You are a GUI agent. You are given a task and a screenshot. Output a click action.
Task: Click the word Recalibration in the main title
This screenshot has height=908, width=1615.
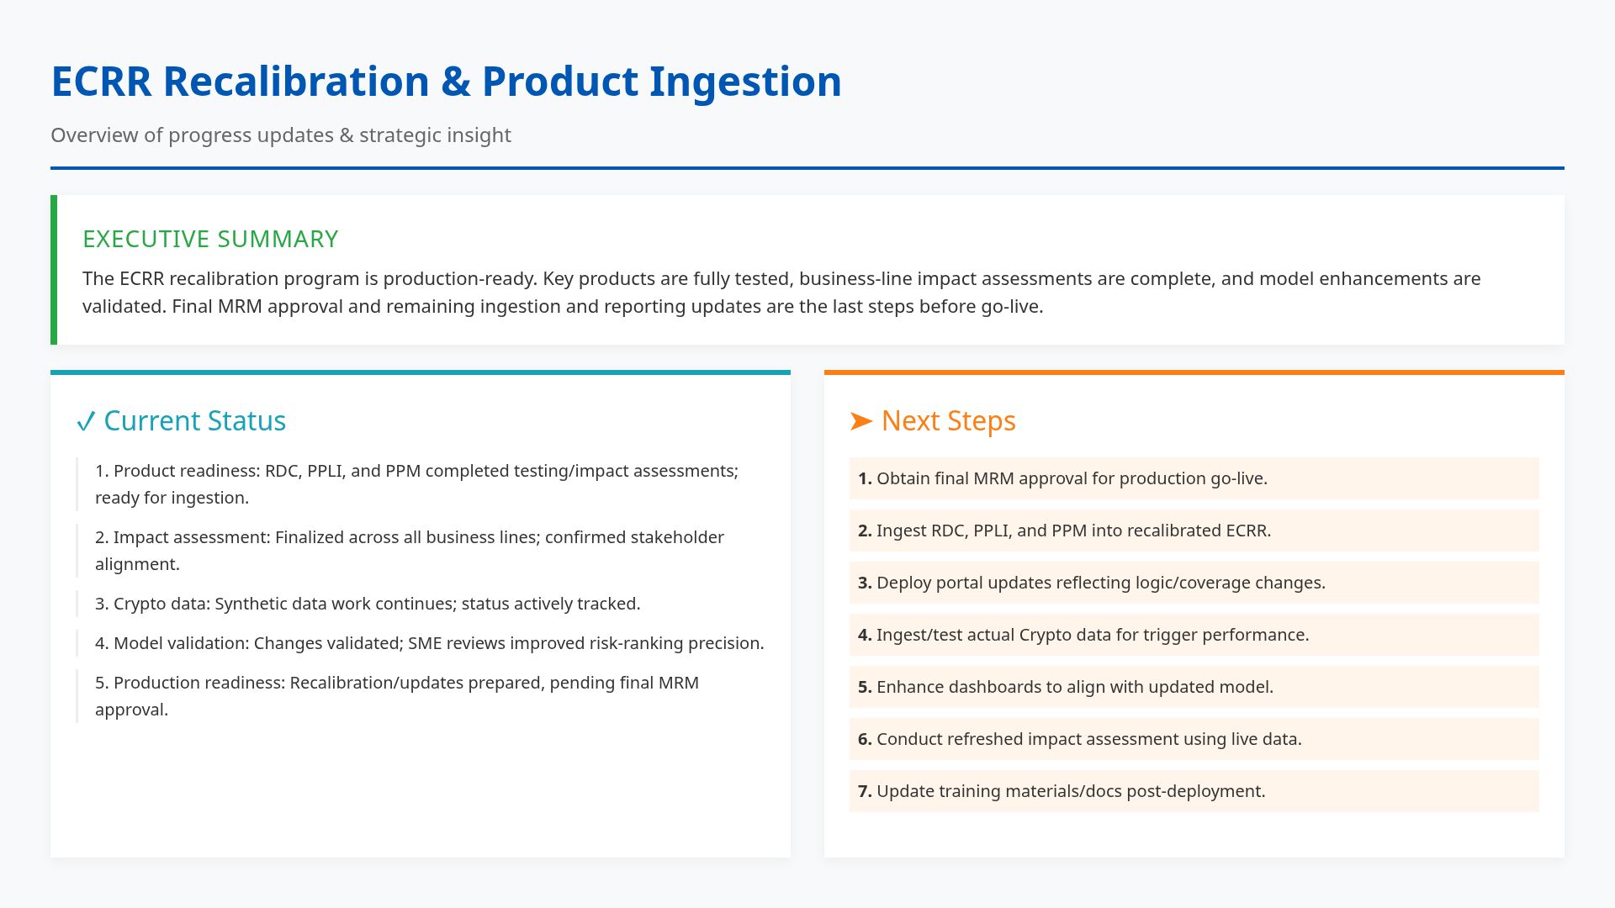(x=295, y=82)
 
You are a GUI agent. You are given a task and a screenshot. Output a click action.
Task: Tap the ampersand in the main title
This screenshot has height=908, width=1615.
(x=455, y=82)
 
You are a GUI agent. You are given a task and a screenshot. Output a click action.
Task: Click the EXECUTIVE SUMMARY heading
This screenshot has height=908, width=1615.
(x=210, y=239)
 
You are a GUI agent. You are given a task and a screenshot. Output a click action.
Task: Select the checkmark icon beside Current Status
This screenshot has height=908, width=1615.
(x=85, y=421)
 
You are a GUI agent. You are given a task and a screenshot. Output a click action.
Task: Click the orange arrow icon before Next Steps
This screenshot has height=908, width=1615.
(x=861, y=420)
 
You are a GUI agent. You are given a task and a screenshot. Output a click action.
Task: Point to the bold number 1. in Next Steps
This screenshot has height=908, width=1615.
(x=865, y=478)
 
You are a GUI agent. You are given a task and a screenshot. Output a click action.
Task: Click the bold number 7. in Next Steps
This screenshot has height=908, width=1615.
(x=865, y=791)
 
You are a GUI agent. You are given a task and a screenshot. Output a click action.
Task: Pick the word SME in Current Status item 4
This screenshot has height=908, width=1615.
(x=425, y=643)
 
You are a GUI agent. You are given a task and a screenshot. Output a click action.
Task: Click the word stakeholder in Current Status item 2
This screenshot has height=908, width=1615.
(x=677, y=537)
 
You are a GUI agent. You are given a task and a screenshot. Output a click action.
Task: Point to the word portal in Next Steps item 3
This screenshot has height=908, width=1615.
(x=958, y=583)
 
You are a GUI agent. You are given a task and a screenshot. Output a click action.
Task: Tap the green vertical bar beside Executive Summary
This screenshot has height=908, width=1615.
(x=54, y=270)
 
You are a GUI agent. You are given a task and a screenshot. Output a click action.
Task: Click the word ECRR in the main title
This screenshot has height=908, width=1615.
(x=101, y=82)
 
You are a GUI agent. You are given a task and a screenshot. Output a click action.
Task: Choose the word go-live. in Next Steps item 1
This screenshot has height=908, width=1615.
(x=1238, y=478)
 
